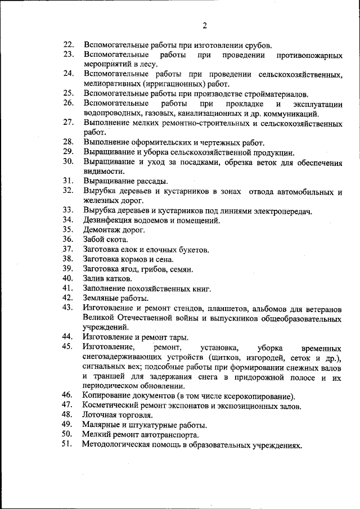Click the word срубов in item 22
click(x=257, y=44)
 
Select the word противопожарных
click(x=310, y=55)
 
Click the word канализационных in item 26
click(x=196, y=114)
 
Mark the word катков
click(x=119, y=278)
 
